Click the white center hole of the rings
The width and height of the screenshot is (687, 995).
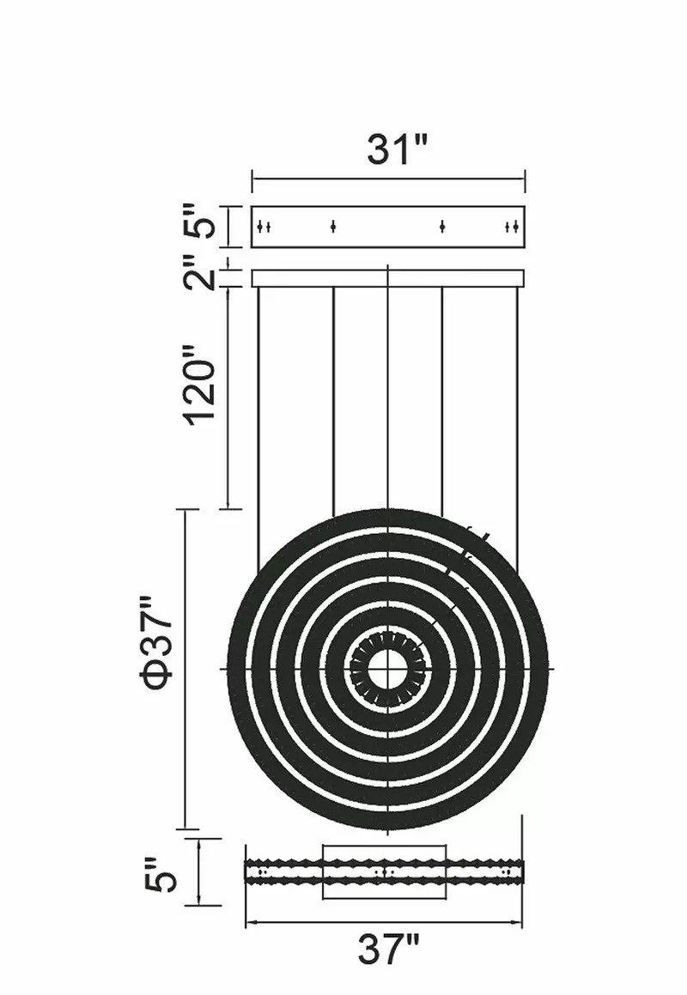387,670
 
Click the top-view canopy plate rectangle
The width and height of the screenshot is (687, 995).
388,227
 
